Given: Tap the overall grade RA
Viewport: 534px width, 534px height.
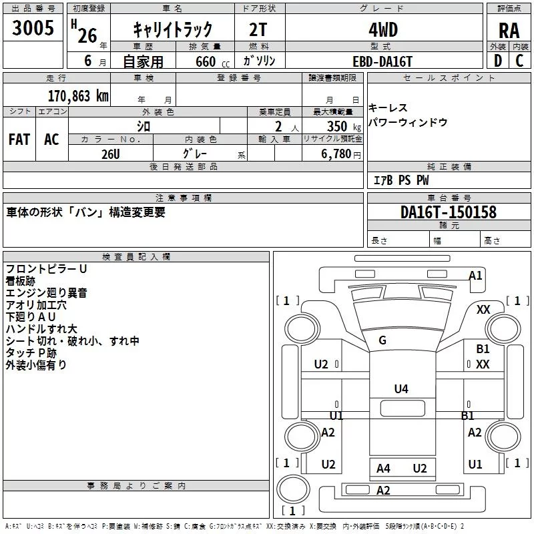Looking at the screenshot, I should coord(509,29).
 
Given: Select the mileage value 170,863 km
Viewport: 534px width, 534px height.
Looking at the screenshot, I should coord(77,95).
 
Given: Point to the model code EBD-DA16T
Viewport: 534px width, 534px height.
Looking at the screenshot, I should coord(382,61).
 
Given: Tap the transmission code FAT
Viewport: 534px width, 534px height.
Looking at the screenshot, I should coord(19,139).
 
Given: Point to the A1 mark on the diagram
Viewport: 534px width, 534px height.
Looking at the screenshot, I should coord(475,275).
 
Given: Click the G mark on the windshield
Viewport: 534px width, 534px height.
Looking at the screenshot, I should coord(382,340).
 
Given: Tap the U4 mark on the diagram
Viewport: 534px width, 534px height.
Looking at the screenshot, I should coord(400,388).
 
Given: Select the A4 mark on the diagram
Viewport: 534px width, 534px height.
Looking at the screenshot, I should coord(383,468).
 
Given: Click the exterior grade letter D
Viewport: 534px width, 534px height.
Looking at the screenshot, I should coord(497,60).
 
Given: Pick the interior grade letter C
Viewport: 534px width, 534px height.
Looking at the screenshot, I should coord(520,60).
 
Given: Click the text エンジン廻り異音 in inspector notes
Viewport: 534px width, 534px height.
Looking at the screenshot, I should coord(46,293).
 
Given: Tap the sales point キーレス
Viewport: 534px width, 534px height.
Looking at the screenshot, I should coord(388,108).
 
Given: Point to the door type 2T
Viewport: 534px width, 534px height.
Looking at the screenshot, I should coord(258,29).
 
